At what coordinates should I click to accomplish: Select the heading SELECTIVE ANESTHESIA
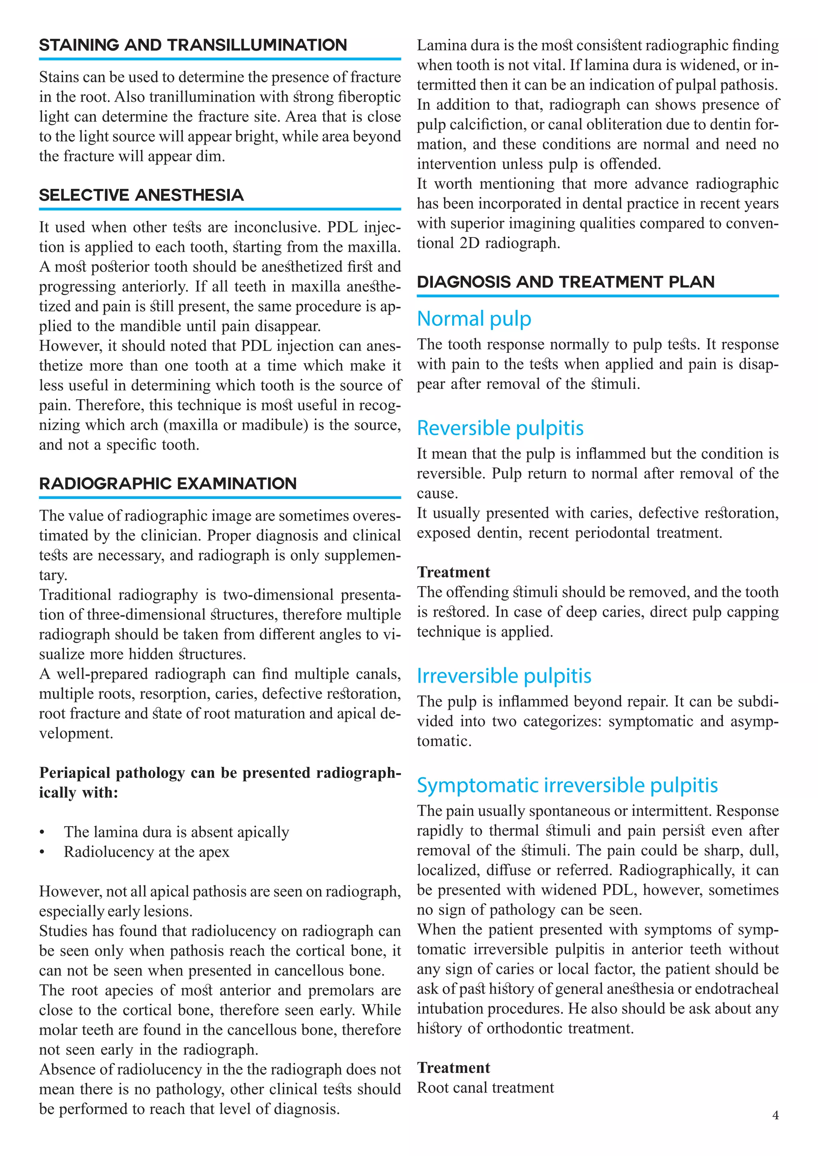pos(141,195)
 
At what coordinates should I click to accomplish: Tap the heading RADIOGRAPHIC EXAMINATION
pos(168,484)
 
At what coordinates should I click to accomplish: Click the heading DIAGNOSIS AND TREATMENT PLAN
pos(565,282)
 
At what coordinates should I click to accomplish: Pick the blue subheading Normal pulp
pos(473,319)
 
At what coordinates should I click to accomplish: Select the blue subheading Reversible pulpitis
pos(500,428)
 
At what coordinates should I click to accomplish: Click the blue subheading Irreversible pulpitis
pos(504,676)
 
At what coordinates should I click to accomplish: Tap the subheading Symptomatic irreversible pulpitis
pos(567,785)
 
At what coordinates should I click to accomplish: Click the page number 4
pos(775,1115)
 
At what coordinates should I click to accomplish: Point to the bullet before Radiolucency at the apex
pos(42,852)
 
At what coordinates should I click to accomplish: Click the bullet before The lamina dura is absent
pos(42,833)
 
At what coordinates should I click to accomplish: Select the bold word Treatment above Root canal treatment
pos(453,1068)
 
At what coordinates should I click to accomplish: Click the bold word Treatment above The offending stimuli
pos(453,572)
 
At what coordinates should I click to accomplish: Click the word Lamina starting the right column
pos(441,46)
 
